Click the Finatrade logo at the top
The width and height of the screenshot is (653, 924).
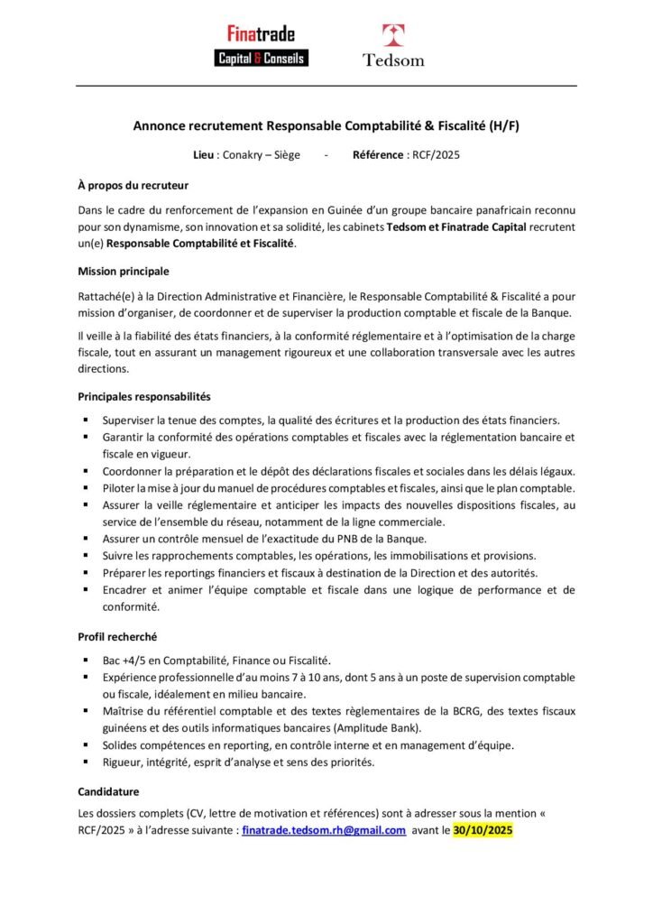262,46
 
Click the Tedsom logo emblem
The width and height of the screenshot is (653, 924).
393,36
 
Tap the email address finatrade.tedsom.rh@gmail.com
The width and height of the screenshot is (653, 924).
324,831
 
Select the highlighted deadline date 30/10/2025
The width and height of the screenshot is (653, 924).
483,831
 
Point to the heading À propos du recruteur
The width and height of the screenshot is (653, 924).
133,186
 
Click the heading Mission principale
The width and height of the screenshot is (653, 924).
124,271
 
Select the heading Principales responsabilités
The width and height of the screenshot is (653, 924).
144,396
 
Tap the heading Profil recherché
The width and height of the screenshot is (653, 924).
117,636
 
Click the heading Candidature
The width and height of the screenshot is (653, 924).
108,791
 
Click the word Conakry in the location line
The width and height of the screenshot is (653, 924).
244,155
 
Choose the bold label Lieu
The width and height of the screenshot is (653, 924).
206,155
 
